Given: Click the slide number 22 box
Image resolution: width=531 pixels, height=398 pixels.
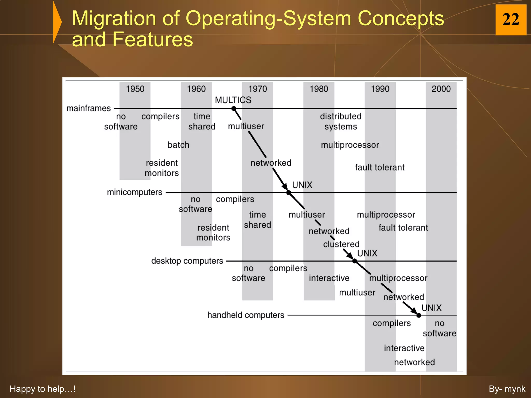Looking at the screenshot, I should coord(511,20).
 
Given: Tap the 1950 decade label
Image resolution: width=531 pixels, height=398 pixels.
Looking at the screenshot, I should coord(135,89).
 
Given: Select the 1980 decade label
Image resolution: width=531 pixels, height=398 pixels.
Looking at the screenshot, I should coord(319,89).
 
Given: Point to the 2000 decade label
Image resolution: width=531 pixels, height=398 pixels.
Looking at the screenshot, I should coord(441,89).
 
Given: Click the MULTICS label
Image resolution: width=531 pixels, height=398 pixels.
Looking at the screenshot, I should coord(233,100).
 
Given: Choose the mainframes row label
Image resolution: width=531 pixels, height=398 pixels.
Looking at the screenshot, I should coord(88,108).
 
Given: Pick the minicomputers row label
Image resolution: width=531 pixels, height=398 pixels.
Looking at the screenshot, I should coord(134,192).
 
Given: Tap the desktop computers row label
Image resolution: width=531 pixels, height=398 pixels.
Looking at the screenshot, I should coord(187,261).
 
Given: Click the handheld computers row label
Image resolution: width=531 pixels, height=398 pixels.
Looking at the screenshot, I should coord(246,315).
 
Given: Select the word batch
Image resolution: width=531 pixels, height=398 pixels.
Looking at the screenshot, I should coord(178,145).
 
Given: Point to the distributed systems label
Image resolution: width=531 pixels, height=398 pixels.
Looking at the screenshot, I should coord(341,122).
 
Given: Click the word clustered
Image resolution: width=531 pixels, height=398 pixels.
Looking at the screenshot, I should coord(341,244).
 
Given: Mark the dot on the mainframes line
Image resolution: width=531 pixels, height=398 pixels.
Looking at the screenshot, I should coord(234,109).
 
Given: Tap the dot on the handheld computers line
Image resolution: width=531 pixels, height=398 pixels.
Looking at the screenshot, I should coord(419,315).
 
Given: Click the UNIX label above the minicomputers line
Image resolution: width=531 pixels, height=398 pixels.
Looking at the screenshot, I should coord(302,185).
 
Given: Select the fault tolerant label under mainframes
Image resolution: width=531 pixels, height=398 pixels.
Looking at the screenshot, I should coord(380,168).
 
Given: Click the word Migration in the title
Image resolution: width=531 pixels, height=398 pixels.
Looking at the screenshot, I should coord(114,19).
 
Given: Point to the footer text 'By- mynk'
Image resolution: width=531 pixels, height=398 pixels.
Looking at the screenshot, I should coord(507,389).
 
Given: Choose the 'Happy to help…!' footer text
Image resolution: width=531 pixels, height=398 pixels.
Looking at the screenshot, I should coord(43,389).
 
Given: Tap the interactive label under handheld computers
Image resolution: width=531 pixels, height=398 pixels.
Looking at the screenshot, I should coord(404,348).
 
